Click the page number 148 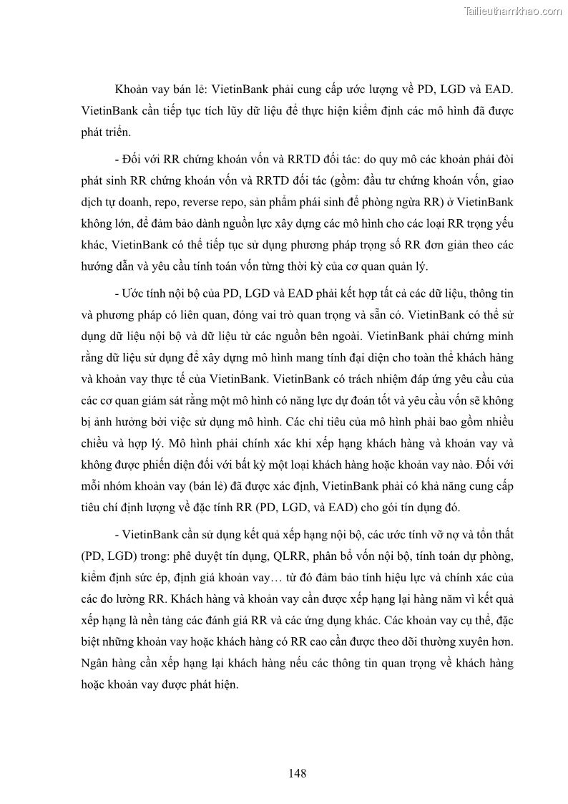pyautogui.click(x=298, y=774)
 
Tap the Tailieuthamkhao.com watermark pyautogui.click(x=513, y=11)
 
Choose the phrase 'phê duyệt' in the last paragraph pyautogui.click(x=219, y=556)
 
